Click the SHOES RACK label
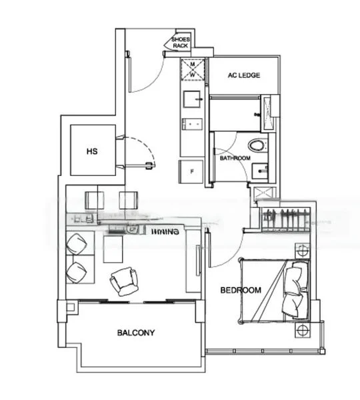180,43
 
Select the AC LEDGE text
243,75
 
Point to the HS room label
92,151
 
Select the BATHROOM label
235,159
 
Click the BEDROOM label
241,290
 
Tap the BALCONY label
136,333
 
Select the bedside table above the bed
301,251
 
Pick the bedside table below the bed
301,329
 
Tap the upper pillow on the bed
295,275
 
